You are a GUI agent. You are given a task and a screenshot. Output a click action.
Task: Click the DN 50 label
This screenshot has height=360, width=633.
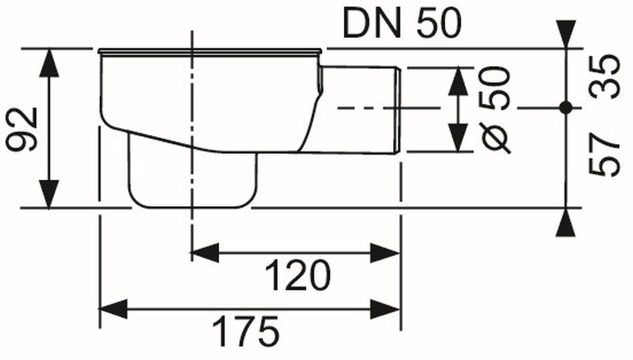click(x=401, y=24)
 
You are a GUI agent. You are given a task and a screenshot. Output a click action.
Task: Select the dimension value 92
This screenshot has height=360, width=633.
click(x=23, y=129)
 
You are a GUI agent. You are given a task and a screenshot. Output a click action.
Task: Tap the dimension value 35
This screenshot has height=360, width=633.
click(x=604, y=77)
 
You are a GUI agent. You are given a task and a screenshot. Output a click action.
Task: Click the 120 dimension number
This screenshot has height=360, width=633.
click(x=299, y=275)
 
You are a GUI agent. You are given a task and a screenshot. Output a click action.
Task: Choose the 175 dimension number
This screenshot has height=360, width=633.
click(x=247, y=332)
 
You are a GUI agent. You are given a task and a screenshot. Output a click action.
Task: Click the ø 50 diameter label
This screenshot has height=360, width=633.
click(x=496, y=110)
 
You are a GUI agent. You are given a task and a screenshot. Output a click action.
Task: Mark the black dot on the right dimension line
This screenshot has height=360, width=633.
click(x=566, y=108)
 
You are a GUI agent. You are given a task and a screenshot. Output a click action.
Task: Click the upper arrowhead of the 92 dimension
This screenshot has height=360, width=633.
click(x=49, y=63)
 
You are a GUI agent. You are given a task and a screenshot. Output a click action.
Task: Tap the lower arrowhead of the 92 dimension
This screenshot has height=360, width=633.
click(x=49, y=195)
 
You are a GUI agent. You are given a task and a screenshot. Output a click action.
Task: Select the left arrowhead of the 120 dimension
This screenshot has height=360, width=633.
click(x=205, y=253)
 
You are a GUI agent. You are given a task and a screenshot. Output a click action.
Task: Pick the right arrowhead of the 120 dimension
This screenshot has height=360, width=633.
click(x=385, y=253)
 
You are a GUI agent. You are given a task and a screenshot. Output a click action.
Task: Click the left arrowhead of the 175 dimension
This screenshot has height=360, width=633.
click(x=113, y=309)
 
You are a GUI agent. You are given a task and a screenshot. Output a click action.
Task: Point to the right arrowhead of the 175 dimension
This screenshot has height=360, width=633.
click(x=385, y=309)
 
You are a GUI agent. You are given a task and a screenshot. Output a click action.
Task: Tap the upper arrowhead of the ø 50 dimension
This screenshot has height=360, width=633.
click(x=458, y=81)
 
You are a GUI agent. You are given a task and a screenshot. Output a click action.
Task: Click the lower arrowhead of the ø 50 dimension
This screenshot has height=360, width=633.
click(x=458, y=138)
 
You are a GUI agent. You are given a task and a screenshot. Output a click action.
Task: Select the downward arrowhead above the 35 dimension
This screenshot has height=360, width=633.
click(x=566, y=35)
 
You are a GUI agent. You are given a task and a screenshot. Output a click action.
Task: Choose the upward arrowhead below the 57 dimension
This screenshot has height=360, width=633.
click(x=566, y=222)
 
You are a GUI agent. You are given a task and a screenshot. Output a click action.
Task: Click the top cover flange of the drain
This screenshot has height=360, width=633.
click(x=210, y=51)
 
